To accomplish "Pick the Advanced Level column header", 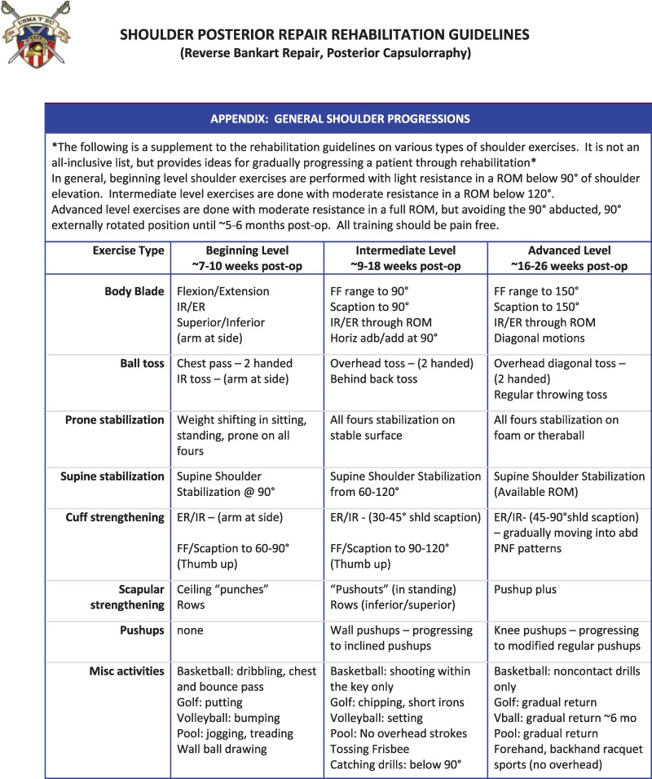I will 568,259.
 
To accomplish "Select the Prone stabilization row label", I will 115,420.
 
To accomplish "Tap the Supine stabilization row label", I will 112,476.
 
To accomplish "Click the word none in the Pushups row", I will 190,631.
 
